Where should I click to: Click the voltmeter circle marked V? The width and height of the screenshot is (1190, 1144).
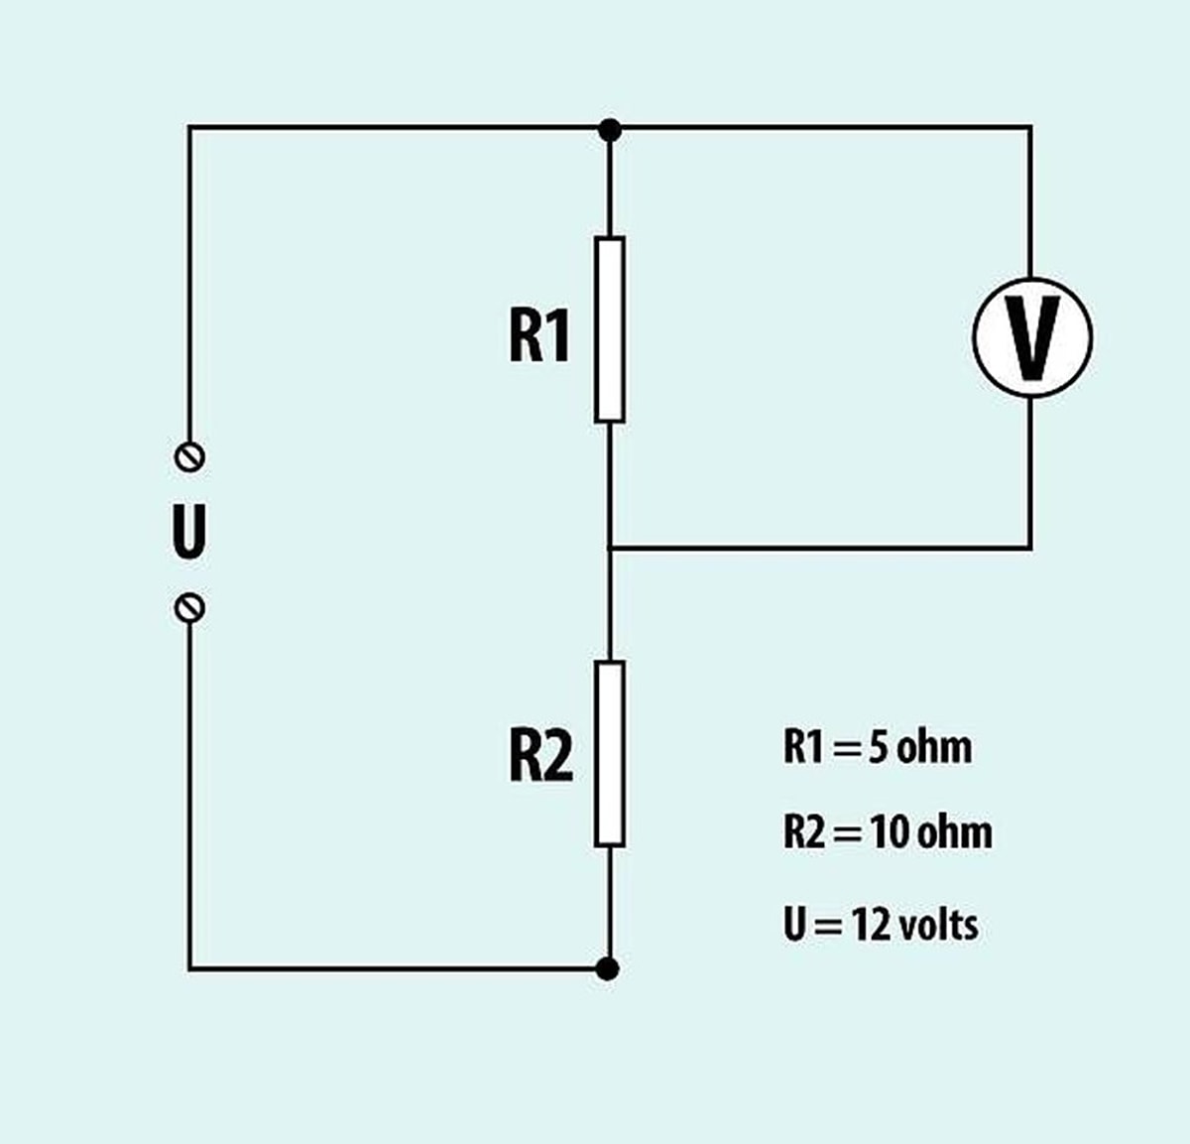coord(1031,336)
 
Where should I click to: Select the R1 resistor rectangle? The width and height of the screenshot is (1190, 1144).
coord(610,329)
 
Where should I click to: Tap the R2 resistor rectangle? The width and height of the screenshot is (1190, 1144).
coord(610,753)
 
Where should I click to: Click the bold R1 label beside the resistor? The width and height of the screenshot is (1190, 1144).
coord(539,336)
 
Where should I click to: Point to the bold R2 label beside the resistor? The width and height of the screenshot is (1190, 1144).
coord(540,756)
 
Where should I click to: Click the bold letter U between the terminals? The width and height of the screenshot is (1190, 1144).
coord(188,533)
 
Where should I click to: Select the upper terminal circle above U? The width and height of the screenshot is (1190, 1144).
coord(188,456)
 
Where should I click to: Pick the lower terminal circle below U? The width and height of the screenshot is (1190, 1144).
coord(188,607)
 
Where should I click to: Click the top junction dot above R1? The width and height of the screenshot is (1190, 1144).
coord(610,129)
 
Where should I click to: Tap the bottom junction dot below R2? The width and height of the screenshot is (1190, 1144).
coord(610,967)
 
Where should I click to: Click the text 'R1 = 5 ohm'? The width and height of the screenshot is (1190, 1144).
coord(877,746)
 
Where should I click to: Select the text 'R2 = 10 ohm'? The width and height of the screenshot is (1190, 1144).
coord(887,831)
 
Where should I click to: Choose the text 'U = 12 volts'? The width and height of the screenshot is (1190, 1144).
coord(880,925)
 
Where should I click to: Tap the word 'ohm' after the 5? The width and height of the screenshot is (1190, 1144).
coord(934,746)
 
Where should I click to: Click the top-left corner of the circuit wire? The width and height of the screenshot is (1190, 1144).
coord(189,128)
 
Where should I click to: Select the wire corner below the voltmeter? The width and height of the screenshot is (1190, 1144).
coord(1030,547)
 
